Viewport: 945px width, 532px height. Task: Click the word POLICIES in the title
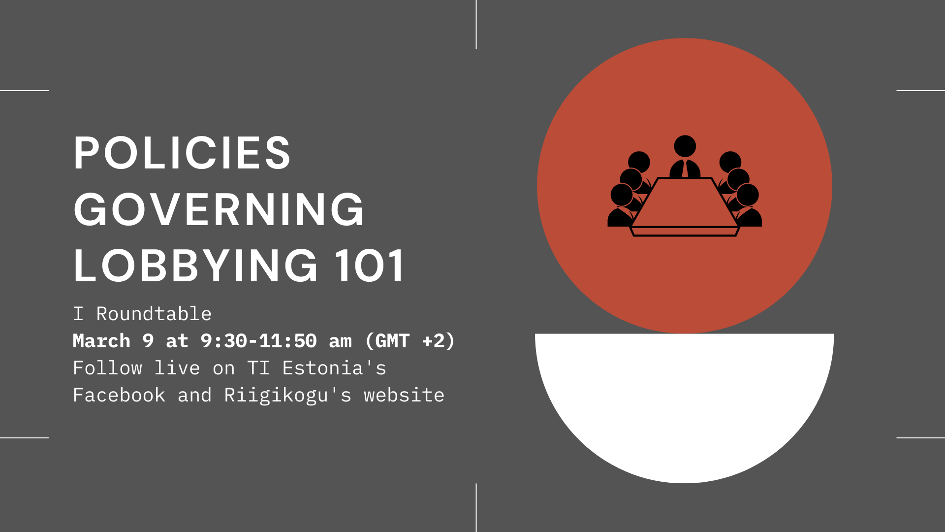coord(182,153)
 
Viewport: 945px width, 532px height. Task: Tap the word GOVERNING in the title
coord(219,209)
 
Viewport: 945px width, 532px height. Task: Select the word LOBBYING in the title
coord(196,266)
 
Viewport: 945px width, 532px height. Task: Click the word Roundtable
coord(154,314)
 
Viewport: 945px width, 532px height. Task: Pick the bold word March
coord(101,341)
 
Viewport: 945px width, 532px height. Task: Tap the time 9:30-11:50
coord(258,341)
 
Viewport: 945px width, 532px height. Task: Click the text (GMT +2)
coord(410,341)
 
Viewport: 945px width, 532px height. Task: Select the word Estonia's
coord(334,368)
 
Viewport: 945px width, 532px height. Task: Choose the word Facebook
coord(119,395)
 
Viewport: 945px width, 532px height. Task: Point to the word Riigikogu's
coord(288,396)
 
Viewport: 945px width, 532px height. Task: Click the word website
coord(404,395)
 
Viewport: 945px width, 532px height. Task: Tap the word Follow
coord(107,368)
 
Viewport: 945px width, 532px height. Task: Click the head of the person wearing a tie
coord(685,146)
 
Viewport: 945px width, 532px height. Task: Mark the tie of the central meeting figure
coord(685,169)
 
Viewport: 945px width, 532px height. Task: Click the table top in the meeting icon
coord(685,202)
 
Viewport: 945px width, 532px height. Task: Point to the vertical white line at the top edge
coord(476,24)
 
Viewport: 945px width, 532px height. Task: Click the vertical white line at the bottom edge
coord(476,508)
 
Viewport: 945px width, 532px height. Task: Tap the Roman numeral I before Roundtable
coord(78,314)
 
